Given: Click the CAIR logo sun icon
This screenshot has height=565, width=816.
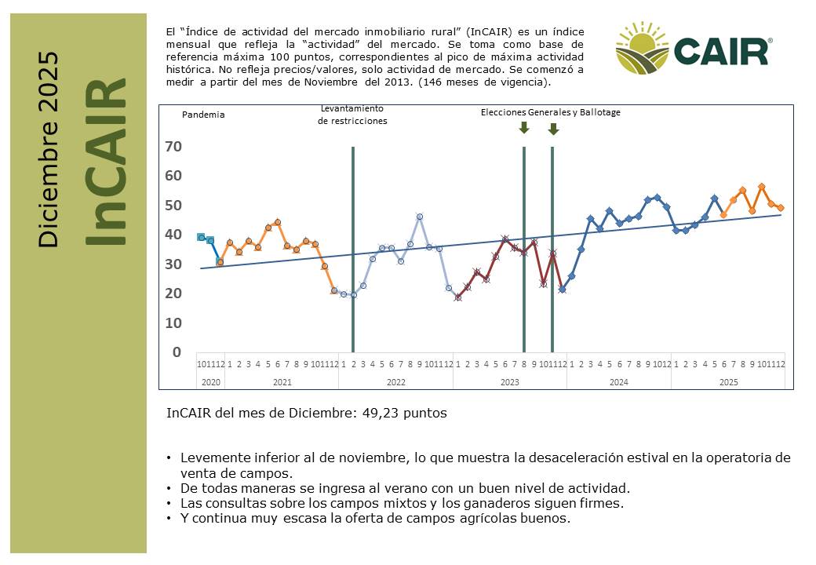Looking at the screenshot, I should tap(642, 49).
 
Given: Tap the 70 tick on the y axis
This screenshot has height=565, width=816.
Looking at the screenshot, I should tap(174, 147).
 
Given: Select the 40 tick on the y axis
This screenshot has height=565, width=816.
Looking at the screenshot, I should tap(174, 235).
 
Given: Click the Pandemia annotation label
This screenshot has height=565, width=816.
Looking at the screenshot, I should tap(203, 115).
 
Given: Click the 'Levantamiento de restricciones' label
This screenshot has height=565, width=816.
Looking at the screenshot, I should tap(352, 115).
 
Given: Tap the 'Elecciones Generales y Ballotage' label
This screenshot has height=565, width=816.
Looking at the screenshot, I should tap(550, 112).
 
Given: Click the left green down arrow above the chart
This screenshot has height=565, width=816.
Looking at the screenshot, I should tap(524, 127).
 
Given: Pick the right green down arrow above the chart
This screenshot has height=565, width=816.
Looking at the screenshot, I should tap(553, 129).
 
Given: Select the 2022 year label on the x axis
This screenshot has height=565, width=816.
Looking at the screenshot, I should tap(395, 382).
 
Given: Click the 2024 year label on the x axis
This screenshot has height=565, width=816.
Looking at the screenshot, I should tap(618, 382).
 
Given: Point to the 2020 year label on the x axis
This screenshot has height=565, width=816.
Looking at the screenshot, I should tap(211, 382).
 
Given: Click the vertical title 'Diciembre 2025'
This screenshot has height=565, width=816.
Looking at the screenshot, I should tap(49, 150).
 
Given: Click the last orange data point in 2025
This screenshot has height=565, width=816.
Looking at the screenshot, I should tap(781, 208).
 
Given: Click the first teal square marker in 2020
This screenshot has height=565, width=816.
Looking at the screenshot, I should tap(201, 237).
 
